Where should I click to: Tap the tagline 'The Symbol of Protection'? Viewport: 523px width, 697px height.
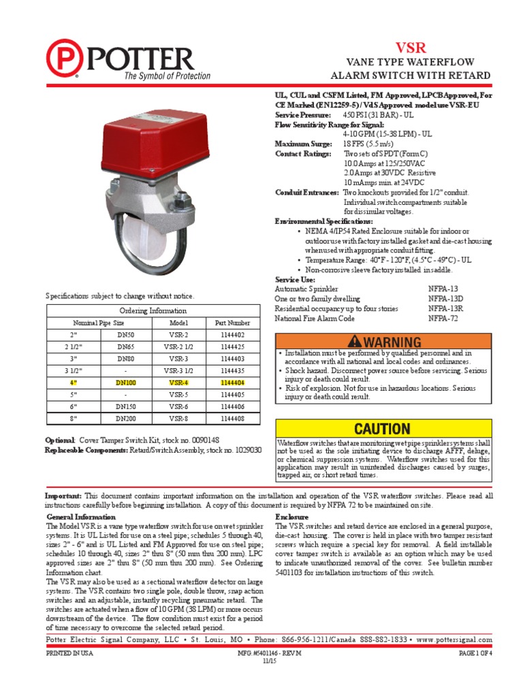pyautogui.click(x=167, y=76)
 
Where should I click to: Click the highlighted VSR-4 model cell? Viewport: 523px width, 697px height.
pyautogui.click(x=178, y=384)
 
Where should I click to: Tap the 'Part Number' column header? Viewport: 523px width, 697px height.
pyautogui.click(x=232, y=323)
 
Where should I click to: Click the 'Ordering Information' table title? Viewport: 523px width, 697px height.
pyautogui.click(x=153, y=311)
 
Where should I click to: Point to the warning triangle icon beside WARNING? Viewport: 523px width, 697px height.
pyautogui.click(x=355, y=341)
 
